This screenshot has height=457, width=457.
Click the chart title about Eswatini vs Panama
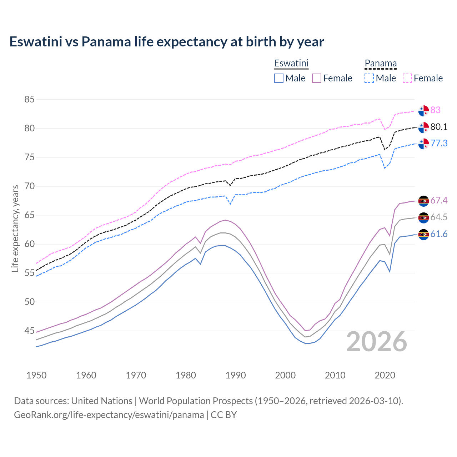pyautogui.click(x=166, y=42)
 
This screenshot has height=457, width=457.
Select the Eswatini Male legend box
pyautogui.click(x=279, y=78)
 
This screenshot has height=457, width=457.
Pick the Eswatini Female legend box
pyautogui.click(x=317, y=78)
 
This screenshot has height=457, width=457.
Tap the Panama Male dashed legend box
pyautogui.click(x=369, y=78)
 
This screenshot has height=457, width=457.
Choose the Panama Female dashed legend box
pyautogui.click(x=407, y=78)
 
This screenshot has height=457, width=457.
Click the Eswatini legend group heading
pyautogui.click(x=291, y=63)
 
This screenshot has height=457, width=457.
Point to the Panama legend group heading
pyautogui.click(x=381, y=63)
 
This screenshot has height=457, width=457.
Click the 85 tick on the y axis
pyautogui.click(x=29, y=99)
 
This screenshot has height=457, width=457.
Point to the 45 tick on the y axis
pyautogui.click(x=29, y=331)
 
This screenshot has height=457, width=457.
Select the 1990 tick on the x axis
pyautogui.click(x=236, y=375)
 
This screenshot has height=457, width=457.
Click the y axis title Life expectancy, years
pyautogui.click(x=15, y=228)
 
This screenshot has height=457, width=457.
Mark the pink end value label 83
pyautogui.click(x=435, y=110)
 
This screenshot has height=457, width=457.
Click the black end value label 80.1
pyautogui.click(x=439, y=127)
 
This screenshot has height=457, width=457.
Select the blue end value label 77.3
pyautogui.click(x=439, y=143)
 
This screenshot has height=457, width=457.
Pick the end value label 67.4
pyautogui.click(x=439, y=201)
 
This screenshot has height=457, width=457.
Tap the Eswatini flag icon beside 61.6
pyautogui.click(x=423, y=235)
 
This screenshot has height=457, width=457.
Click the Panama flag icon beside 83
pyautogui.click(x=423, y=111)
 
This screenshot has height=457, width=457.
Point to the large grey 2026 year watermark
pyautogui.click(x=377, y=342)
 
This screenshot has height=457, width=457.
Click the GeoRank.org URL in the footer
pyautogui.click(x=109, y=415)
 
